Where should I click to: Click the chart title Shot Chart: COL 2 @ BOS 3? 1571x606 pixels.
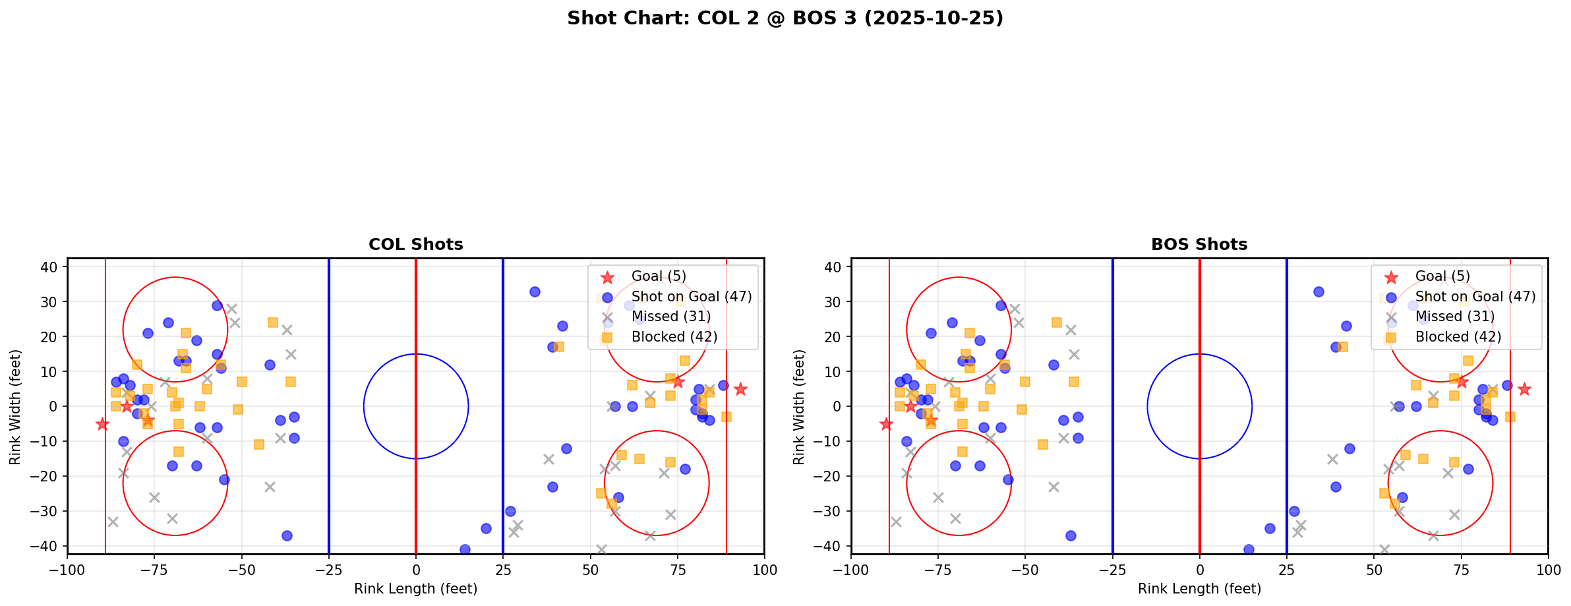[x=785, y=18]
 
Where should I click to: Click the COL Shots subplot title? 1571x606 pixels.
[x=415, y=245]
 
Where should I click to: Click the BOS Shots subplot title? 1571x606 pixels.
[x=1199, y=245]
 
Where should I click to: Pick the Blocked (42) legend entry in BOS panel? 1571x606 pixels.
[x=1458, y=337]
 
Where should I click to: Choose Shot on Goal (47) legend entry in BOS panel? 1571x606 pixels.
[x=1475, y=297]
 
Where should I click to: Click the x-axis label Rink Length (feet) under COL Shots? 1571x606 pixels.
[x=415, y=589]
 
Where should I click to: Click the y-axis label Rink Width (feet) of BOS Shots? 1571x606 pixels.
[x=799, y=406]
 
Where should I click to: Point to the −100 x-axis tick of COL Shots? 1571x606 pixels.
[x=67, y=570]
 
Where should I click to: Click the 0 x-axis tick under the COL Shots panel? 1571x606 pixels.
[x=416, y=570]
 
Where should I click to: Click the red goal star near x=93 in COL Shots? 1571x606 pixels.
[x=740, y=389]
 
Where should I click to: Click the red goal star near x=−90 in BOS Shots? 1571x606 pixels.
[x=886, y=424]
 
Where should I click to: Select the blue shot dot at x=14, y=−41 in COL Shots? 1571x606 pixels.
[x=465, y=549]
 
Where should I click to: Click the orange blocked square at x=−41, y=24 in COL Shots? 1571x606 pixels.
[x=273, y=322]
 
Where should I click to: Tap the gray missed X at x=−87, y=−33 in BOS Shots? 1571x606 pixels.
[x=896, y=522]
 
